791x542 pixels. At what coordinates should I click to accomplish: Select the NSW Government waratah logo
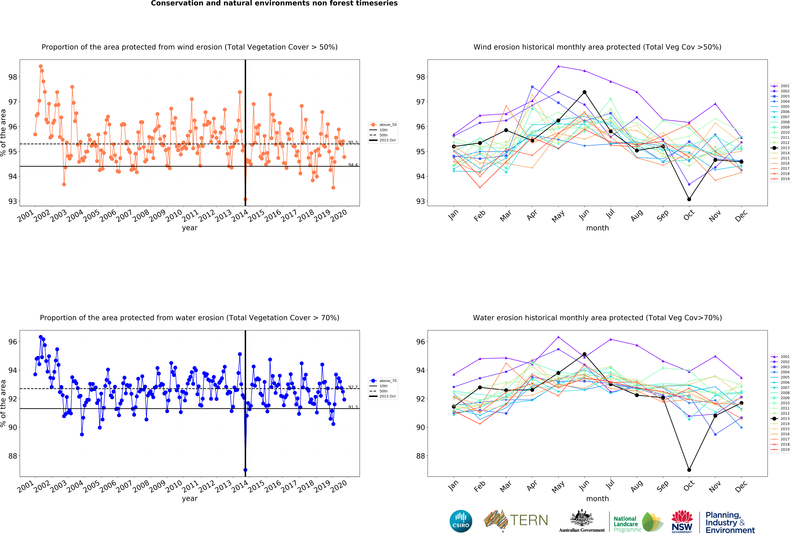pos(682,521)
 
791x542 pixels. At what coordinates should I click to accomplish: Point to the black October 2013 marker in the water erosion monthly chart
pos(689,470)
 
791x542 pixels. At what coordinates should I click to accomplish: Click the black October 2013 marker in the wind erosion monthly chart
pos(689,199)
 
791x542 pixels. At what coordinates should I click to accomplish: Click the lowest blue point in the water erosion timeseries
pos(245,470)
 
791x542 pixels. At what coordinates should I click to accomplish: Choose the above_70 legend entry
pos(383,381)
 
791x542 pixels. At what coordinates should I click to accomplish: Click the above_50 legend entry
pos(383,124)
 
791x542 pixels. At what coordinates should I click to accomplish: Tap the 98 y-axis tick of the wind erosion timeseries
pos(13,77)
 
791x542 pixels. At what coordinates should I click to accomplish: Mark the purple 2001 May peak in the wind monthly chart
pos(558,66)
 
